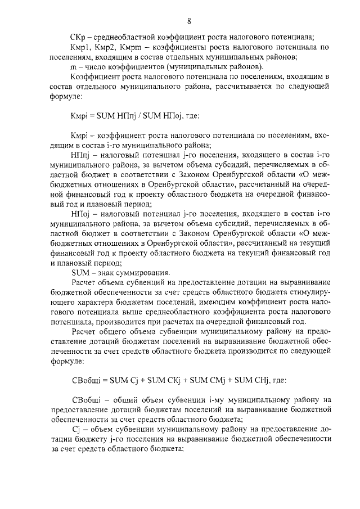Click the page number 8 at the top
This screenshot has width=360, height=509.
point(189,21)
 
